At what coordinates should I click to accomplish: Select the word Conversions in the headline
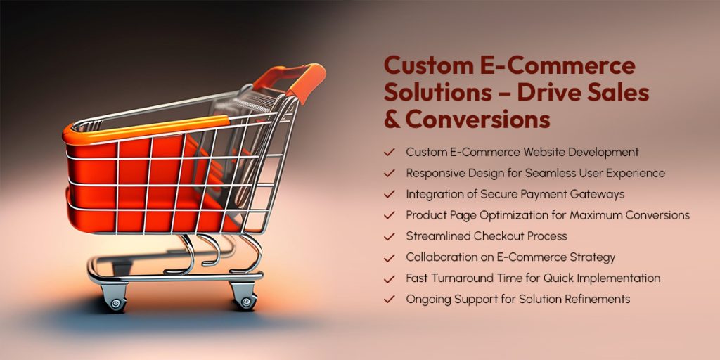(x=477, y=119)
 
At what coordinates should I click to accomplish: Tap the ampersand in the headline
(x=392, y=119)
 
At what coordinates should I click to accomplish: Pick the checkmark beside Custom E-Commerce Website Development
(x=389, y=152)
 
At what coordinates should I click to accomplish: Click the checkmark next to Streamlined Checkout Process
(x=389, y=236)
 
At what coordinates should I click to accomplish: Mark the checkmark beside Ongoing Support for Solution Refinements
(x=389, y=300)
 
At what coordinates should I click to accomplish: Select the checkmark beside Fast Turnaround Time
(x=389, y=278)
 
